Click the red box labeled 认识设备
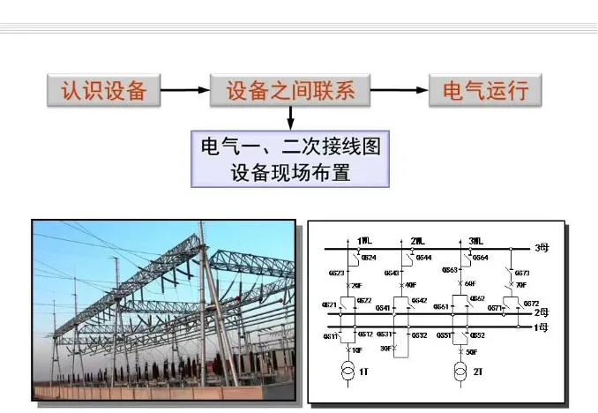[x=105, y=90]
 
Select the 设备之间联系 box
[x=290, y=90]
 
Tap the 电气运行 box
[x=484, y=90]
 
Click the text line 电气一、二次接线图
[x=291, y=146]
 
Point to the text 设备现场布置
[x=291, y=172]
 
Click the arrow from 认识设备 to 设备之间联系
[x=185, y=90]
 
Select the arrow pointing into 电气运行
[x=399, y=90]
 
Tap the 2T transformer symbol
[x=459, y=372]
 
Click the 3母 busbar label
[x=542, y=248]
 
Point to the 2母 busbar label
[x=542, y=312]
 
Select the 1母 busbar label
[x=542, y=327]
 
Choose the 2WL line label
[x=417, y=239]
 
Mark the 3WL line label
[x=475, y=239]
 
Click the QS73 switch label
[x=522, y=274]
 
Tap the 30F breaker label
[x=386, y=349]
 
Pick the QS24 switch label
[x=369, y=258]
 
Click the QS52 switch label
[x=477, y=336]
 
